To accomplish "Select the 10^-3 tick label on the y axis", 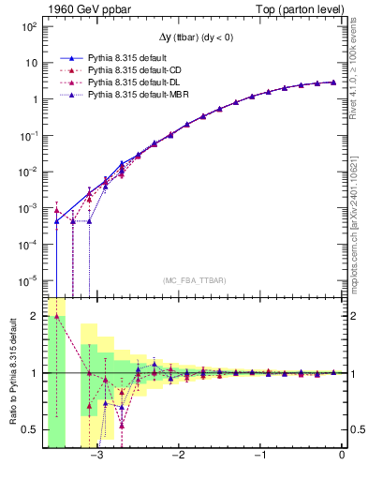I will click(27, 207).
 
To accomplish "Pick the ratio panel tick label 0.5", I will click(29, 429).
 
